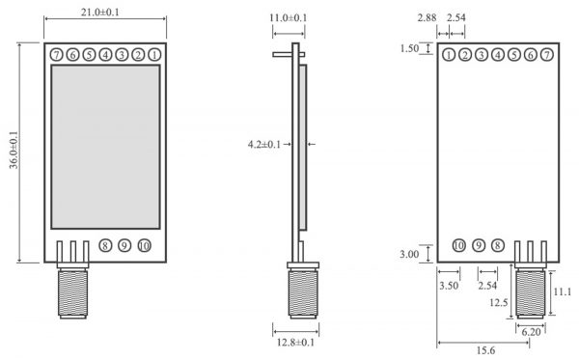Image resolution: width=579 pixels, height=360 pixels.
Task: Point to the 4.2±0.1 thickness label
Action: point(263,145)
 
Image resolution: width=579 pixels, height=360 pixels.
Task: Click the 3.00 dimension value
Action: point(409,255)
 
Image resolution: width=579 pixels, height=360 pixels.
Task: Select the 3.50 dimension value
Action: point(449,287)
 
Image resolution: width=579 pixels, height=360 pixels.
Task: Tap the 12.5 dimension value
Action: point(498,303)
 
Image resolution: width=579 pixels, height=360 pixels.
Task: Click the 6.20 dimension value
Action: point(531,331)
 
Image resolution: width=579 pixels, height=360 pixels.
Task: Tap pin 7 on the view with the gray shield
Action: point(57,55)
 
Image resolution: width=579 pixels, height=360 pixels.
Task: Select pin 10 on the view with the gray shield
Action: point(144,246)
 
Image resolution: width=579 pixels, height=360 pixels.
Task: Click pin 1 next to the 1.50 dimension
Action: point(450,55)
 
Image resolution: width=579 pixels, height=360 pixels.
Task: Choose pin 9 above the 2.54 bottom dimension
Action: point(478,246)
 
